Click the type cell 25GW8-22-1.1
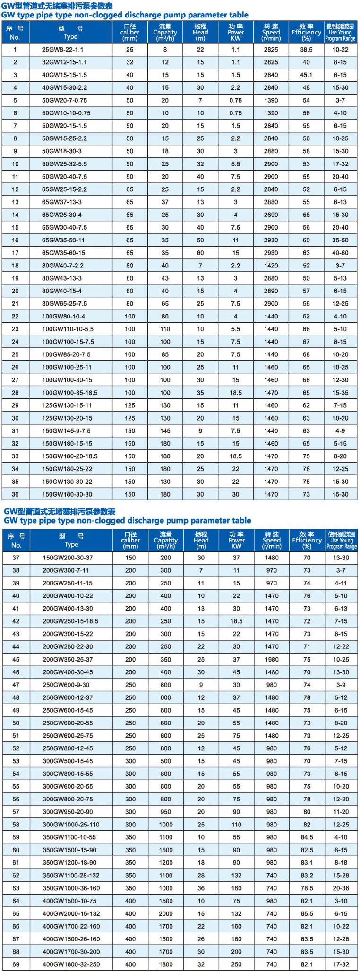[63, 50]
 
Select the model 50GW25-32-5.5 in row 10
[64, 164]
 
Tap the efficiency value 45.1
[306, 75]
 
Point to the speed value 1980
[272, 659]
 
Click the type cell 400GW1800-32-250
[71, 964]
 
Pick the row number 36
[15, 494]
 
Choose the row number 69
[16, 964]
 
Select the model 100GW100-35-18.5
[70, 393]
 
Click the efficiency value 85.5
[307, 913]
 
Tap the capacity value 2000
[166, 913]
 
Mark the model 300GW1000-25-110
[71, 825]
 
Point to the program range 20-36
[341, 888]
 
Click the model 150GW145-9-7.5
[66, 431]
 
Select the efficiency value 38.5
[306, 50]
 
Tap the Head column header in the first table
[200, 33]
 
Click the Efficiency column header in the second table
[307, 540]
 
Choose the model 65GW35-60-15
[64, 253]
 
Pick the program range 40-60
[340, 253]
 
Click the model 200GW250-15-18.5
[70, 621]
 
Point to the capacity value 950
[166, 812]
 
